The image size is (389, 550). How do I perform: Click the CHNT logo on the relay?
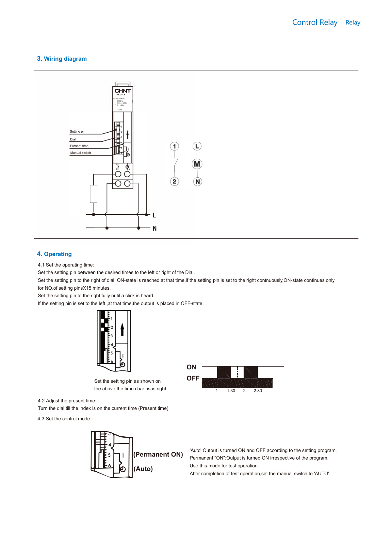click(x=122, y=91)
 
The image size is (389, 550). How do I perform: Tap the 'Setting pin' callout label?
click(x=77, y=132)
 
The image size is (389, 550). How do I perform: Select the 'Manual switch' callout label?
click(x=80, y=153)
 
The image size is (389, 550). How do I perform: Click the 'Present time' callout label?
click(x=79, y=146)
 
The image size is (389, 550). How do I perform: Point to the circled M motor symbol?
click(x=197, y=164)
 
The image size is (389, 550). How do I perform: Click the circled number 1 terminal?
click(x=174, y=146)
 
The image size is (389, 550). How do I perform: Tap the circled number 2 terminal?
click(x=174, y=182)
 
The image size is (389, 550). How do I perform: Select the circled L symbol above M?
click(x=197, y=146)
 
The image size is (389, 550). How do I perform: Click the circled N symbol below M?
click(x=198, y=182)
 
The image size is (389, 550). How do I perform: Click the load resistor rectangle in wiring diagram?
click(x=93, y=194)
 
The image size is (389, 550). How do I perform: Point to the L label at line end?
click(x=154, y=215)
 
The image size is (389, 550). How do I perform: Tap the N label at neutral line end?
click(x=154, y=229)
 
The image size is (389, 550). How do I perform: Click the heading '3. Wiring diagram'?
click(x=62, y=59)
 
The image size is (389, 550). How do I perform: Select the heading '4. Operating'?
click(x=54, y=254)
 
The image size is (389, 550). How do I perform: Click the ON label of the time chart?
click(x=191, y=367)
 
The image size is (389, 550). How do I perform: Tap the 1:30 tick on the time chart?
click(x=231, y=391)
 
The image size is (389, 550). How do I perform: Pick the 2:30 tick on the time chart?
click(x=258, y=391)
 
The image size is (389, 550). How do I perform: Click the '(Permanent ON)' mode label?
click(x=158, y=454)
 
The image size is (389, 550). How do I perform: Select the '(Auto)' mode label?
click(x=143, y=469)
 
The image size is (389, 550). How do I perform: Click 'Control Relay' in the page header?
click(x=315, y=22)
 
